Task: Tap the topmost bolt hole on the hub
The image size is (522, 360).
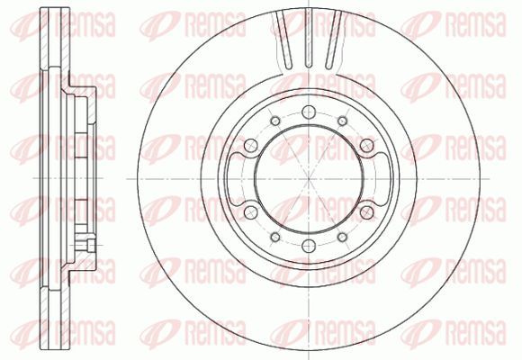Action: (x=309, y=112)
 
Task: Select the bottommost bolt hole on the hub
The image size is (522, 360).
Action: (x=309, y=246)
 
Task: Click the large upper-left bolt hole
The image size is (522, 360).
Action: (x=251, y=145)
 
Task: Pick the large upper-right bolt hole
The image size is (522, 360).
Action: (x=367, y=145)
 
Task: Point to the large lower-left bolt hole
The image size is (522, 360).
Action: (x=251, y=212)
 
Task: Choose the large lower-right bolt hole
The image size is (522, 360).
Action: (x=367, y=212)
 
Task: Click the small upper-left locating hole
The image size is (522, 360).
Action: (x=275, y=121)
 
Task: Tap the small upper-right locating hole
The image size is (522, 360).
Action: (x=342, y=121)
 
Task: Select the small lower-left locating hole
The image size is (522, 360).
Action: (x=275, y=237)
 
